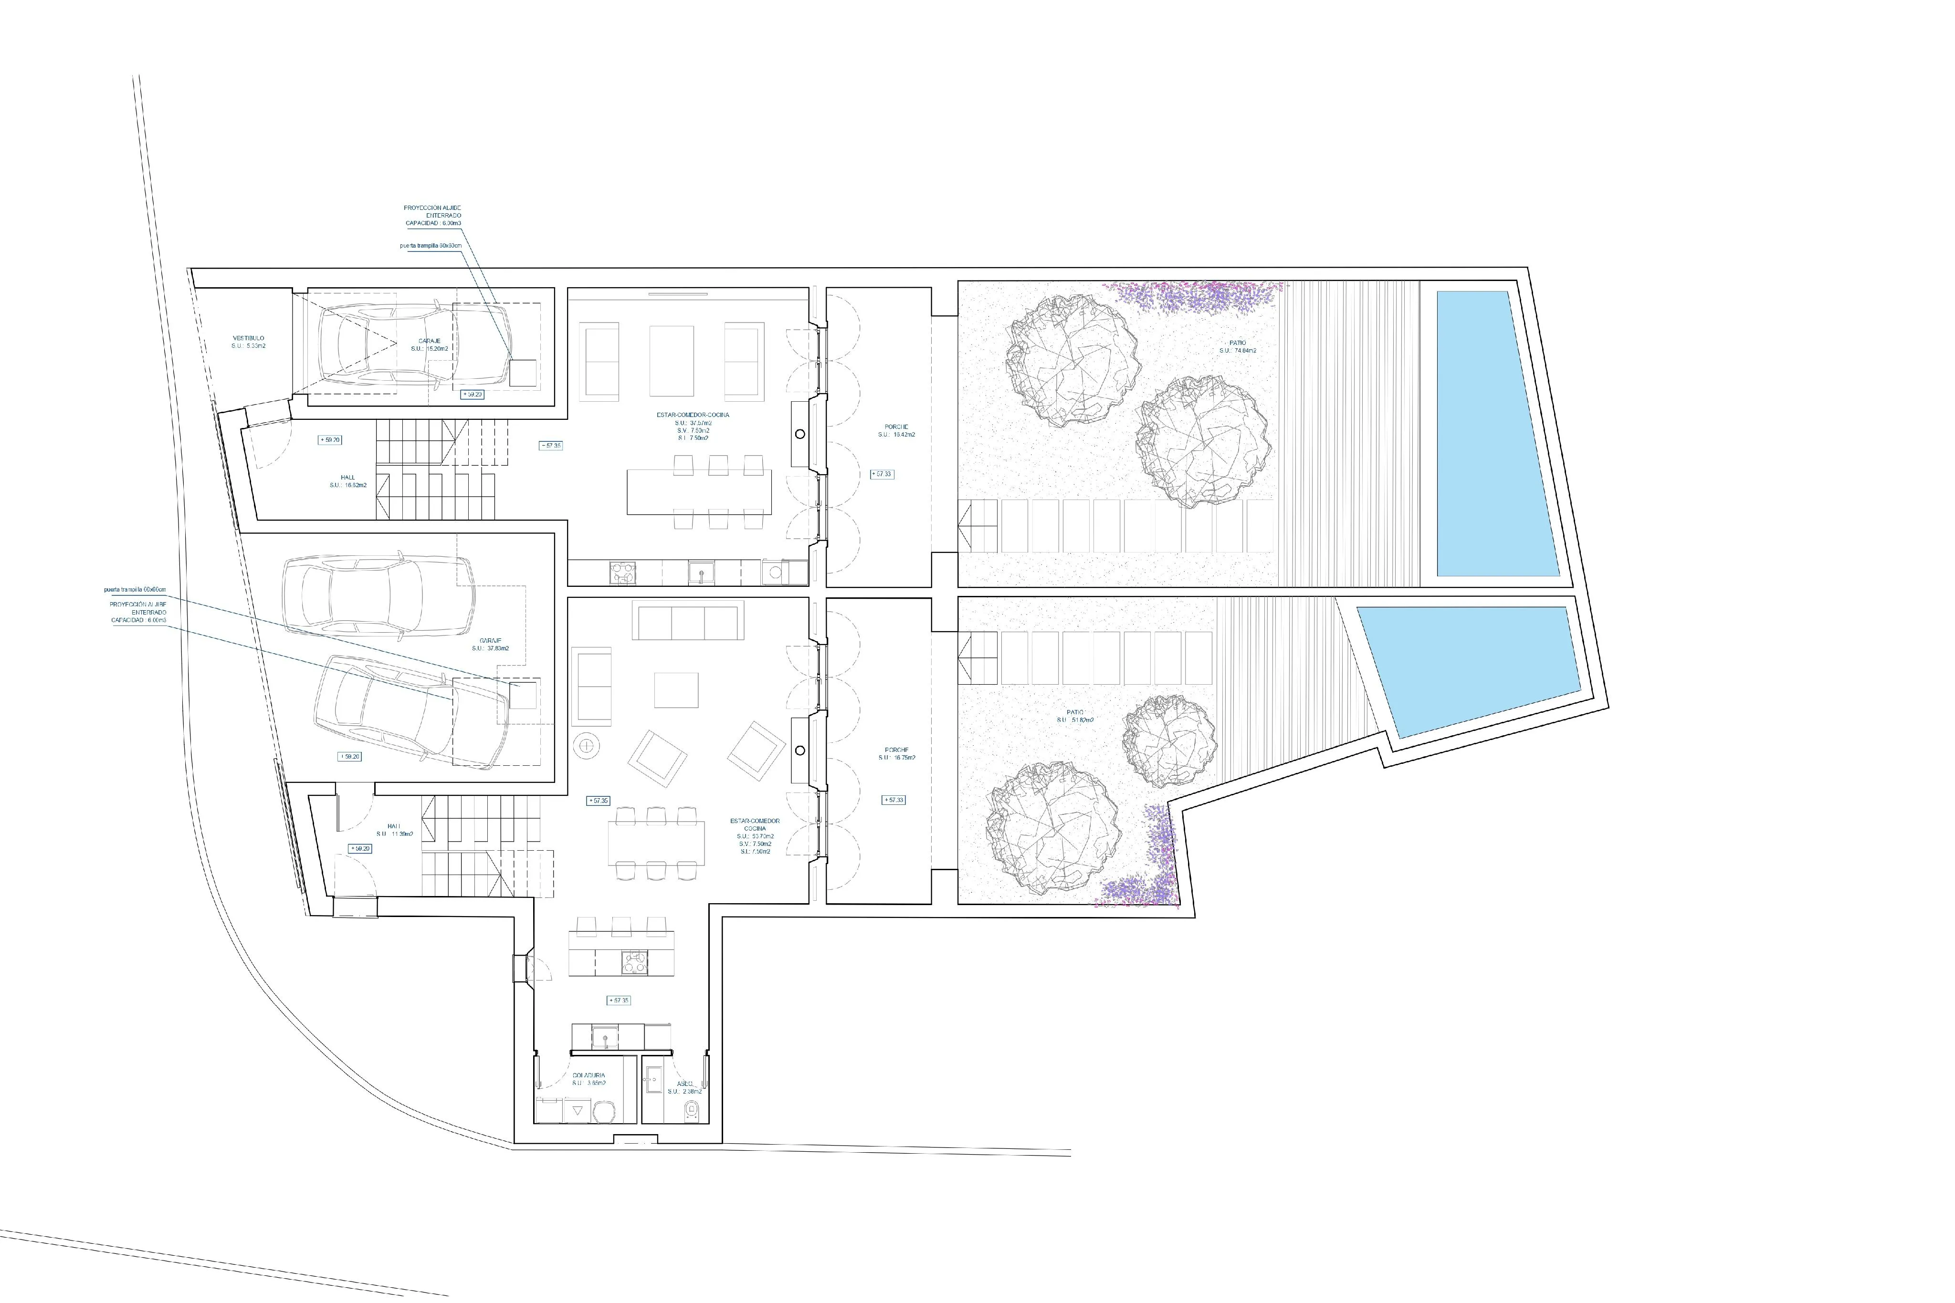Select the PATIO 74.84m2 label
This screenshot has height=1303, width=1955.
click(1238, 346)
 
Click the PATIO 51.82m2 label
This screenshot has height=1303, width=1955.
click(1075, 716)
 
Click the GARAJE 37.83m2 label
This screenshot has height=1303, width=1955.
click(490, 644)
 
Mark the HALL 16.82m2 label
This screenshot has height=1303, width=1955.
click(347, 481)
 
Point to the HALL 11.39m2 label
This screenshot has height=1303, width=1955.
click(394, 829)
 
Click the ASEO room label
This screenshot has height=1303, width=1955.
click(684, 1087)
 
